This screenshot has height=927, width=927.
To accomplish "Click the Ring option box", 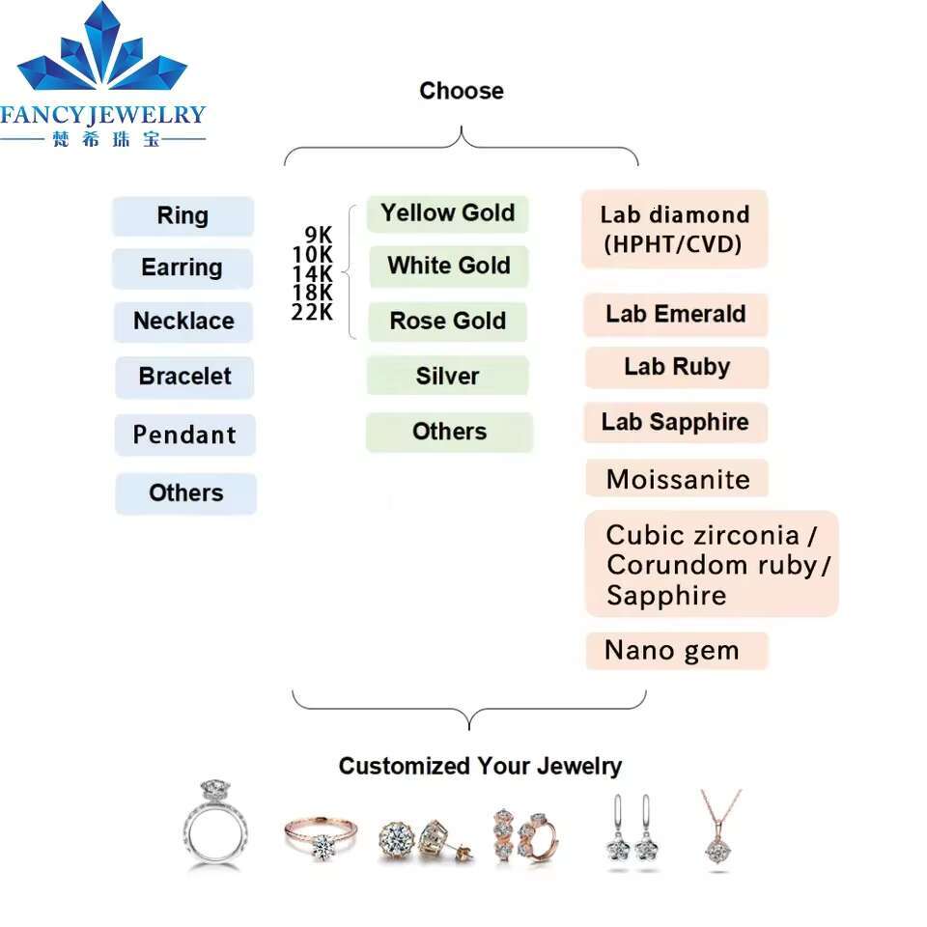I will point(183,215).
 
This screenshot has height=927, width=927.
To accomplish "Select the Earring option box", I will point(182,267).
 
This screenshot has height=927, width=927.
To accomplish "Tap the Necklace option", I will point(183,321).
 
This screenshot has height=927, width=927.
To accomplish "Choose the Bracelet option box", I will point(184,376).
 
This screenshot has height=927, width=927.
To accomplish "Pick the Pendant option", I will point(184,435).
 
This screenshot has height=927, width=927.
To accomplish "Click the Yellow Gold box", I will point(447,213).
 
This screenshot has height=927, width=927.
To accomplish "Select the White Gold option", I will point(448,266).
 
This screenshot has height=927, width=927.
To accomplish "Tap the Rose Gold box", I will point(447,321).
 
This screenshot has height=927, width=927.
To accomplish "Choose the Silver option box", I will point(447,376).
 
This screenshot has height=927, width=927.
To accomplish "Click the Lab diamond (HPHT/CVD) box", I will point(674,229).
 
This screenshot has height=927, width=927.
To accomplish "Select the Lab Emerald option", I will point(675,314).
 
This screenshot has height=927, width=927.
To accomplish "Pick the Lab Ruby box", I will point(676,367).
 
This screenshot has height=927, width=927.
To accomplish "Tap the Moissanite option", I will point(677,479).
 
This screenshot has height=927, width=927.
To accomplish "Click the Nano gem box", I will point(676,651).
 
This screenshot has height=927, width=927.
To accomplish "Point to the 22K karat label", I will point(313,312).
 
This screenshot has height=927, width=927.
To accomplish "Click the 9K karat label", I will point(319,235).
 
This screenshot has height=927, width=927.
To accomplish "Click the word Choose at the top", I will point(462,91).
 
